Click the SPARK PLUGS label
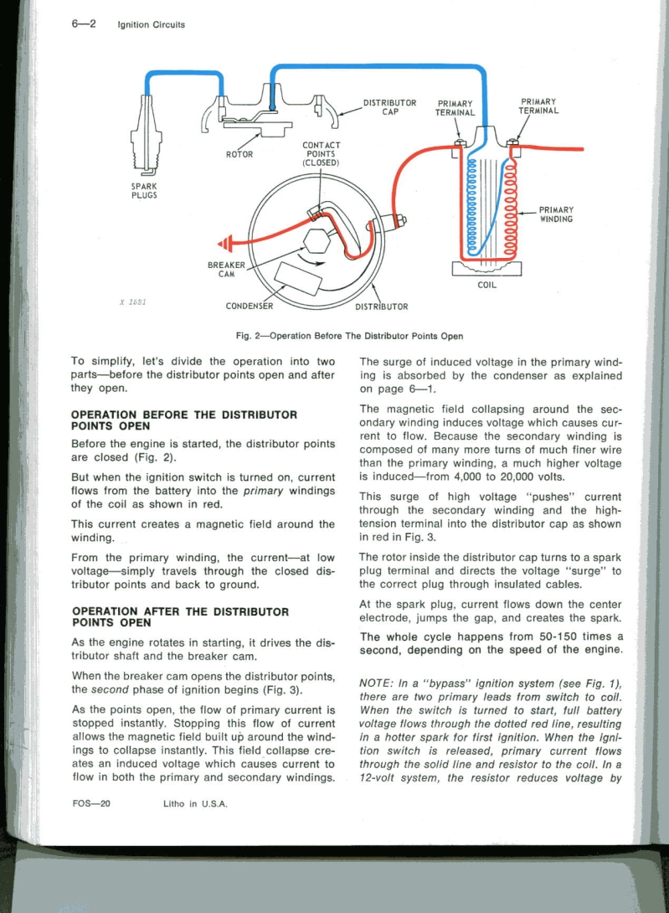click(144, 190)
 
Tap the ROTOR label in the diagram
click(239, 154)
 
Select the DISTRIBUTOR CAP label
click(389, 107)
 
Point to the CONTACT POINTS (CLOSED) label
click(321, 154)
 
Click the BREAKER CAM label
click(227, 269)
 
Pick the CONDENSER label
click(250, 306)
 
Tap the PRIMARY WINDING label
click(556, 214)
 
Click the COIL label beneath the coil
click(486, 285)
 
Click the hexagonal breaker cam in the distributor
click(317, 240)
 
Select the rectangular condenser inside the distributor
click(299, 280)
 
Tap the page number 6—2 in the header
click(84, 24)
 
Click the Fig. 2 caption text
click(349, 336)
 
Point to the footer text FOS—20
click(91, 803)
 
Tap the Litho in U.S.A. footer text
click(195, 803)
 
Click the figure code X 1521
click(132, 302)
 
